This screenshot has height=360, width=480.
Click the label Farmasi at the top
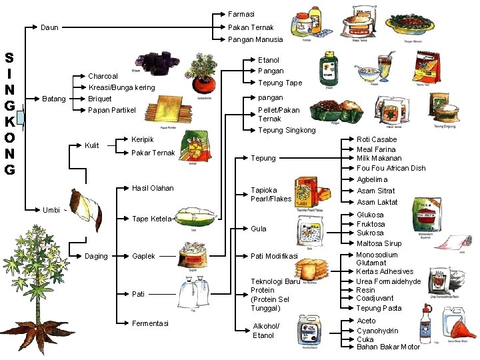(x=241, y=14)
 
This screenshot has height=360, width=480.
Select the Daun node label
(x=49, y=27)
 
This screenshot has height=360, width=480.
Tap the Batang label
(x=54, y=99)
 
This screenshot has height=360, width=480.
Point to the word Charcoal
(x=103, y=76)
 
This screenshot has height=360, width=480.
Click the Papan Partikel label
(x=112, y=110)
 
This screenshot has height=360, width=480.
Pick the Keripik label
(x=143, y=139)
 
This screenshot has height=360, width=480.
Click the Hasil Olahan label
(x=153, y=188)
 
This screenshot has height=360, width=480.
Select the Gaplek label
(x=143, y=256)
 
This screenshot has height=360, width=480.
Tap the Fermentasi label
(x=150, y=323)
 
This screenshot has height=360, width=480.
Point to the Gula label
(x=258, y=229)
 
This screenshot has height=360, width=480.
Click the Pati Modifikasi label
(x=274, y=256)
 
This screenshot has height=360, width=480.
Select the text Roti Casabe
(x=377, y=139)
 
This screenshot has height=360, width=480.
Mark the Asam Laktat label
(x=377, y=202)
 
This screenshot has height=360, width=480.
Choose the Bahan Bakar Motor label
(x=388, y=347)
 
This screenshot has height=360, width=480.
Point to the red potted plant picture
(x=202, y=72)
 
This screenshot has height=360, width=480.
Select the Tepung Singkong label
(x=287, y=130)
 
